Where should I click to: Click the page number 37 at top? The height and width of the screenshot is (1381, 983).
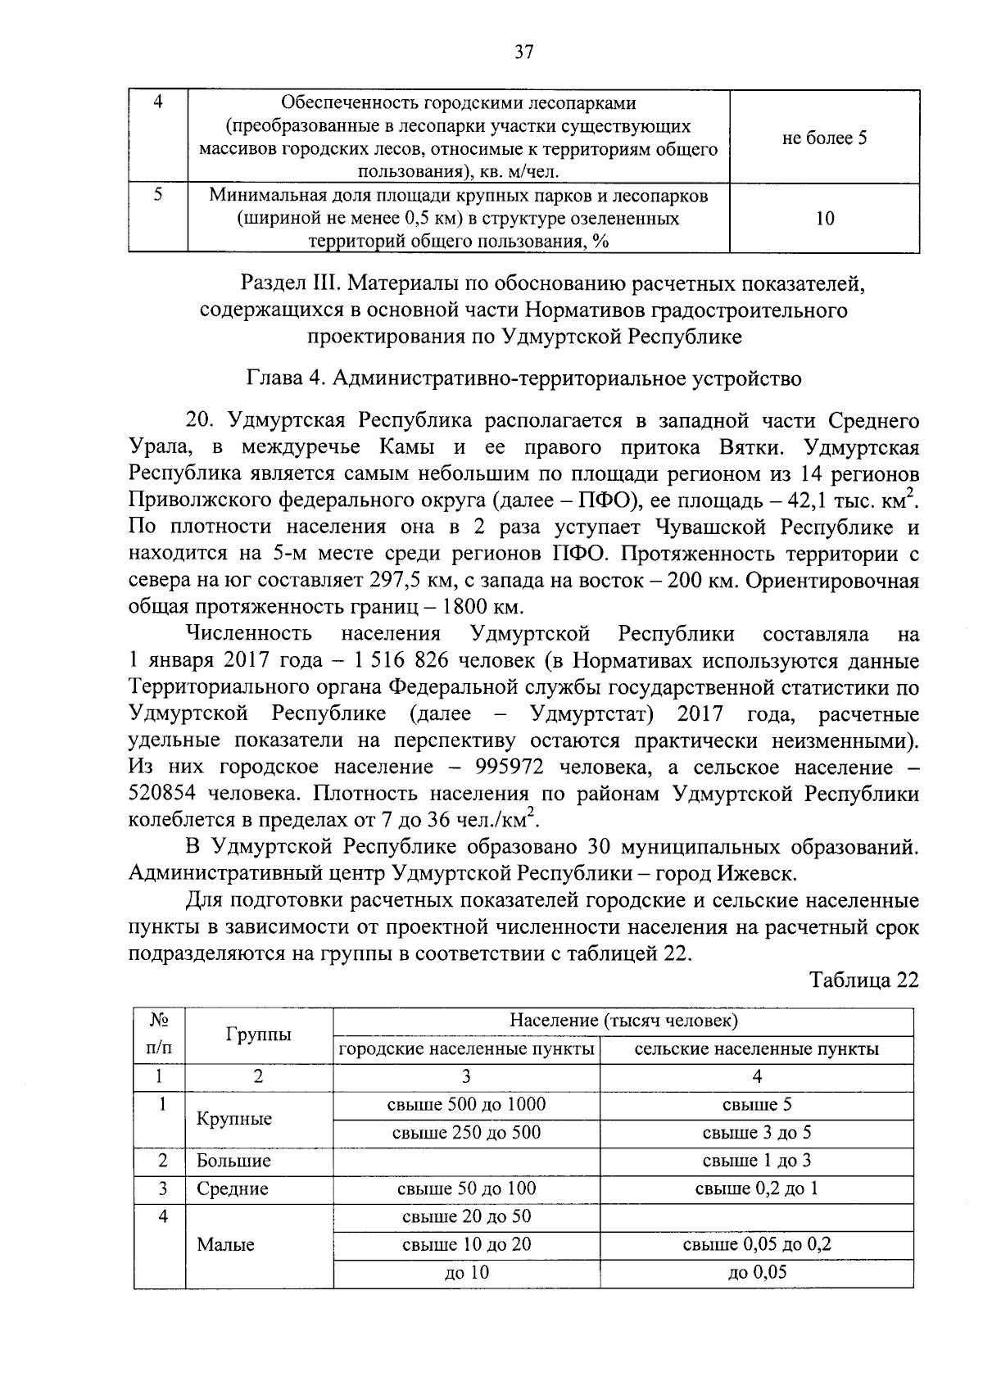[523, 52]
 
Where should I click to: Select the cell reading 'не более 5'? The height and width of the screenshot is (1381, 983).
[824, 138]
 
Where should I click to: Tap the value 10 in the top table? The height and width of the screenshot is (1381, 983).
[825, 219]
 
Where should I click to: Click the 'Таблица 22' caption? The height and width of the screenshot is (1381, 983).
[863, 980]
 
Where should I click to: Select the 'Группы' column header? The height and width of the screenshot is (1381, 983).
[258, 1035]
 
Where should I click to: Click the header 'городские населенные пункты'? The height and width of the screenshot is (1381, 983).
[466, 1049]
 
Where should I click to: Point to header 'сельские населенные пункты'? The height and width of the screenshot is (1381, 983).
[756, 1049]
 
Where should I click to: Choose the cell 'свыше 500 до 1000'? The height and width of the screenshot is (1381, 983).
[466, 1104]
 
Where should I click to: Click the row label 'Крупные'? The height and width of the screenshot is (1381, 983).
[234, 1119]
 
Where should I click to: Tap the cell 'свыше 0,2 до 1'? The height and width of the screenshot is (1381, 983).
[756, 1189]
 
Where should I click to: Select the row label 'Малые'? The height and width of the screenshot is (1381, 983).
[225, 1245]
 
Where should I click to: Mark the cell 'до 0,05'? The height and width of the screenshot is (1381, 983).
[756, 1273]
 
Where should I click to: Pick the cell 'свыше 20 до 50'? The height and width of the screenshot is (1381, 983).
[466, 1216]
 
